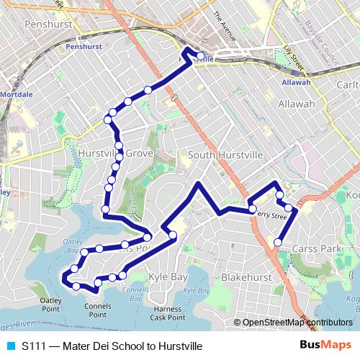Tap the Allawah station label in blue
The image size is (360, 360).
pyautogui.click(x=296, y=82)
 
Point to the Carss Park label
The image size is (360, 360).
pyautogui.click(x=316, y=248)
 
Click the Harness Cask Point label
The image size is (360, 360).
pyautogui.click(x=168, y=314)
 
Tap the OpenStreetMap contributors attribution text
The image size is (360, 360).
pyautogui.click(x=297, y=323)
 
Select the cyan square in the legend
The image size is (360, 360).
pyautogui.click(x=10, y=346)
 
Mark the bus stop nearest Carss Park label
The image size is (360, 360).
pyautogui.click(x=278, y=242)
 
